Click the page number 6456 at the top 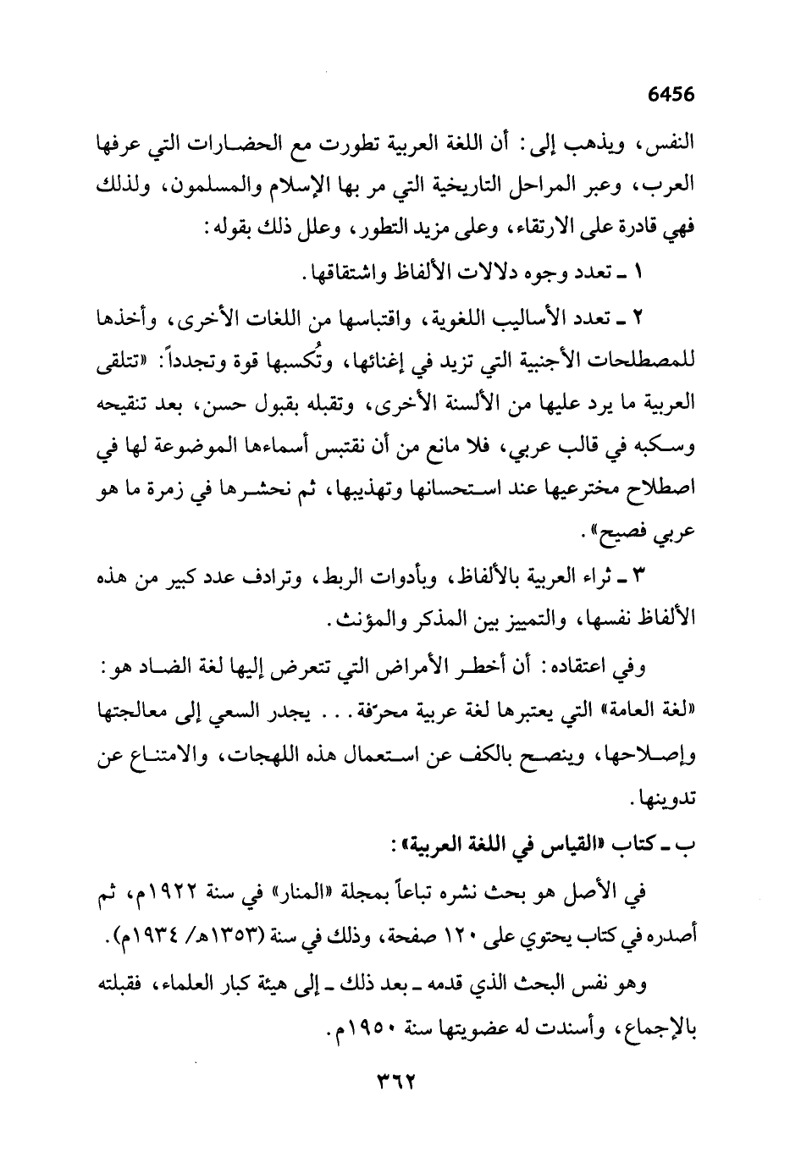tap(671, 94)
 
